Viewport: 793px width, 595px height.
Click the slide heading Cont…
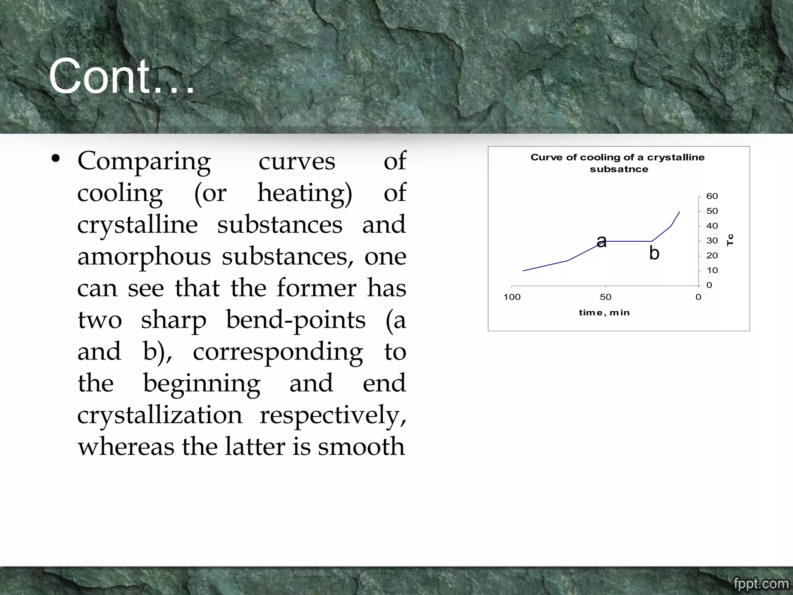(121, 76)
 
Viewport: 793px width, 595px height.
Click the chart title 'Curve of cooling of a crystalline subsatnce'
(618, 163)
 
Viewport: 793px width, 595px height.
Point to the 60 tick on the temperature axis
(712, 196)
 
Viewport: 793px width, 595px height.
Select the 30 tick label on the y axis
(712, 241)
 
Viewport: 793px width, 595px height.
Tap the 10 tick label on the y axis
(712, 271)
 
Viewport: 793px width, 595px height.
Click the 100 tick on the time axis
(512, 297)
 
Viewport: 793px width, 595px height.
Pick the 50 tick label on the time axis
(605, 297)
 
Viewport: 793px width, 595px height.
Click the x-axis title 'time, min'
(604, 313)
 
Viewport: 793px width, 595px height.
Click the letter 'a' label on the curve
(601, 241)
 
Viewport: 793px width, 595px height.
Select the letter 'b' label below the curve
(654, 253)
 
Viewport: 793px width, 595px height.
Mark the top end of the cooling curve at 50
(680, 212)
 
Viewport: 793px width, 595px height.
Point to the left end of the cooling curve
(523, 271)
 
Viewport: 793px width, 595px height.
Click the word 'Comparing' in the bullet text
(144, 161)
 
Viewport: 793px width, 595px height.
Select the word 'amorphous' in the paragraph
(144, 256)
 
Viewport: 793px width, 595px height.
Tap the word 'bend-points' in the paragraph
(295, 320)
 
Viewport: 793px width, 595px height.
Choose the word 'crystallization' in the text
(160, 415)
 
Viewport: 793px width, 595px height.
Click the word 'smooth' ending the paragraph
(361, 446)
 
